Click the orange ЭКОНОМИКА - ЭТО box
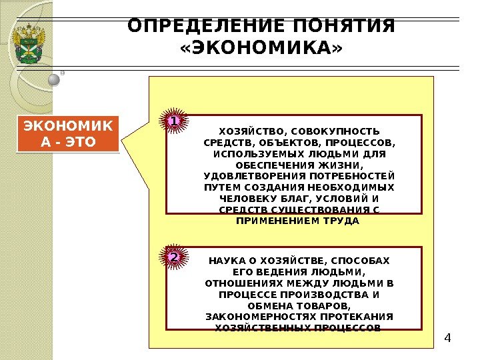click(x=67, y=134)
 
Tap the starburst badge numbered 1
click(x=173, y=122)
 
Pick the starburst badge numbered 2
click(x=173, y=257)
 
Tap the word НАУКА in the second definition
click(x=226, y=260)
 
